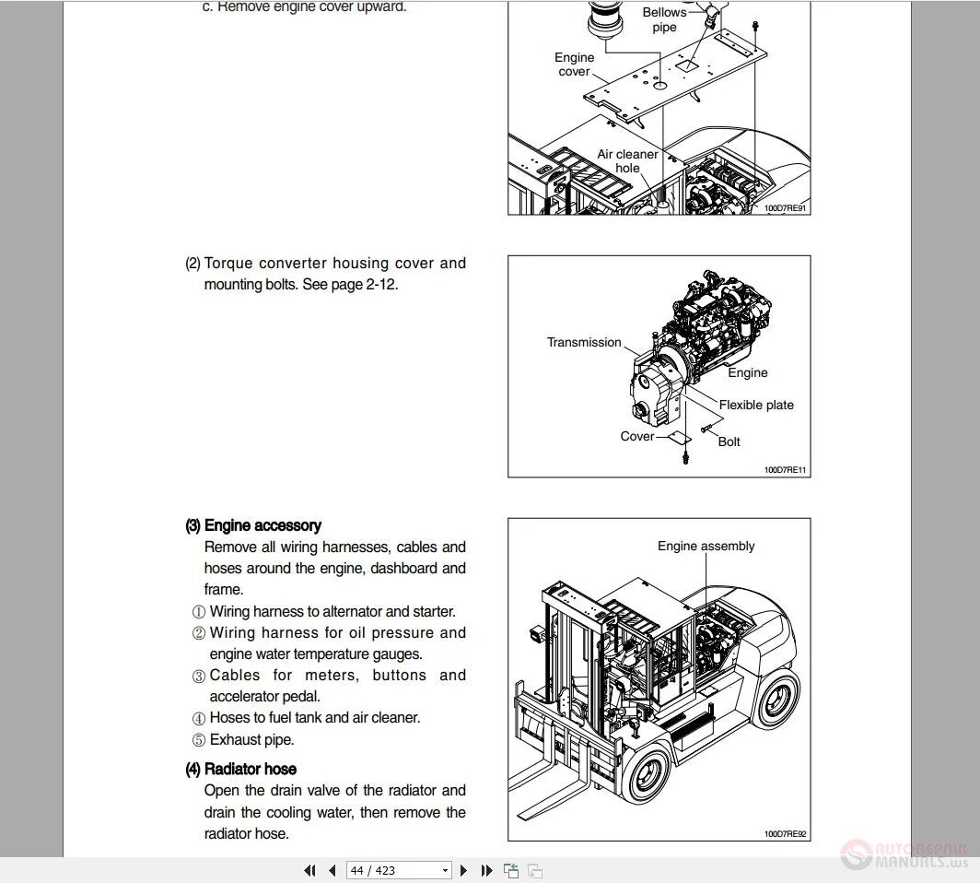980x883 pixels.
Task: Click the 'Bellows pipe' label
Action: [664, 19]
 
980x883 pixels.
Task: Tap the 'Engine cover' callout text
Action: [574, 65]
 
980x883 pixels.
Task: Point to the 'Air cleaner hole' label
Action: [627, 161]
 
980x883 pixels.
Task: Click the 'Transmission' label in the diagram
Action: [584, 342]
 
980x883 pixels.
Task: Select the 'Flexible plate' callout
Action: [756, 405]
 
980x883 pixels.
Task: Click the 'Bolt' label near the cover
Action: [729, 441]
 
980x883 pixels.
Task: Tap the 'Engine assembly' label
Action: [706, 546]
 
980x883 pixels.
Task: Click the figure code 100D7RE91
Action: [786, 208]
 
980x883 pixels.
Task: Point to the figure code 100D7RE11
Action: [786, 470]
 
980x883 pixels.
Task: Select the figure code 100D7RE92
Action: [786, 834]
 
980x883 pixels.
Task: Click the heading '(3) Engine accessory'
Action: [253, 525]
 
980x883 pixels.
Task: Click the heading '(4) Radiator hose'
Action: [241, 769]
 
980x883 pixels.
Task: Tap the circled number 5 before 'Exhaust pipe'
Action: [198, 740]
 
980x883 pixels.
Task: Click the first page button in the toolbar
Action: [309, 870]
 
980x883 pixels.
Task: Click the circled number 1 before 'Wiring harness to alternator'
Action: [198, 612]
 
